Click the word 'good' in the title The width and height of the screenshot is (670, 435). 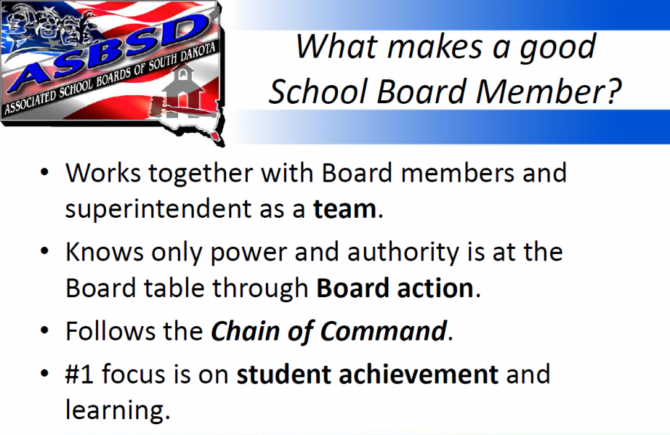point(557,48)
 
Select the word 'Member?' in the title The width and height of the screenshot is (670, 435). point(549,92)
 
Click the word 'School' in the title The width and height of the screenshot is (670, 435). point(318,92)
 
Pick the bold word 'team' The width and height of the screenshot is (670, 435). point(344,209)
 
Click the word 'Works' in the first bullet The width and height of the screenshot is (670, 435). point(103,173)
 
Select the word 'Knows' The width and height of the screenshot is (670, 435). point(104,252)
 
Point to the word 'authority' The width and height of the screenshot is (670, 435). point(403,252)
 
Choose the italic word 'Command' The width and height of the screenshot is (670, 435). point(383,332)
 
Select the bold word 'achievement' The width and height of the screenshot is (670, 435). point(419,374)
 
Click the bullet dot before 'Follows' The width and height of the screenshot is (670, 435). point(45,331)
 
